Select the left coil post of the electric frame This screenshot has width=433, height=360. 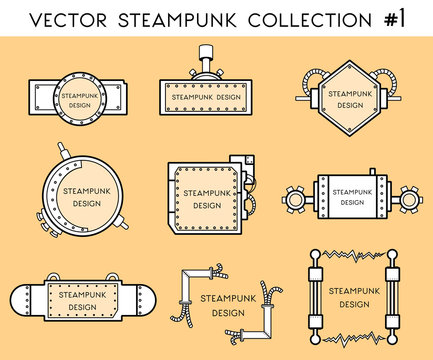coord(314,295)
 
